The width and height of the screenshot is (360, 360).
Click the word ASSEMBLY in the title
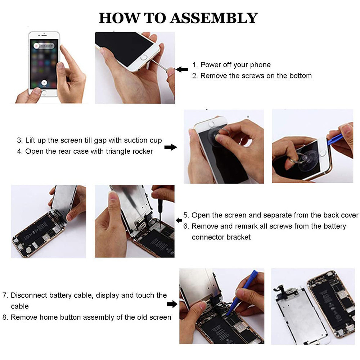point(214,18)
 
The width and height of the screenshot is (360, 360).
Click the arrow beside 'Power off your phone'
point(182,69)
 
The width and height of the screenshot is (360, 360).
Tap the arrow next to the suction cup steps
point(171,147)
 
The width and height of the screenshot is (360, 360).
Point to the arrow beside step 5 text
point(179,220)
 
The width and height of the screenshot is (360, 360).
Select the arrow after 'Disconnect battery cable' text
point(172,304)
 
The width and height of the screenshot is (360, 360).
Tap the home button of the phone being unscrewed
point(144,57)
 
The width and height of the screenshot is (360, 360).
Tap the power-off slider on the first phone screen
point(44,46)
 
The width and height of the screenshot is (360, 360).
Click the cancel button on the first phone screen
point(44,83)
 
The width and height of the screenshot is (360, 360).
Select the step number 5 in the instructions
point(186,215)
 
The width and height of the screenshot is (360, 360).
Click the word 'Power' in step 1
point(211,65)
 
